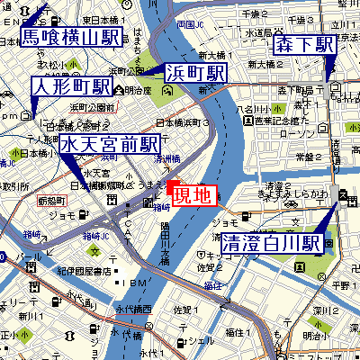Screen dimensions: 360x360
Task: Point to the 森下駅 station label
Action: [305, 45]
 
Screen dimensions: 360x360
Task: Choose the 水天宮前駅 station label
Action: [110, 145]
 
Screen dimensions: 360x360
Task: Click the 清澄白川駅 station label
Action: [272, 243]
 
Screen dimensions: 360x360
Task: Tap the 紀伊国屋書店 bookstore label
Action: [82, 271]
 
